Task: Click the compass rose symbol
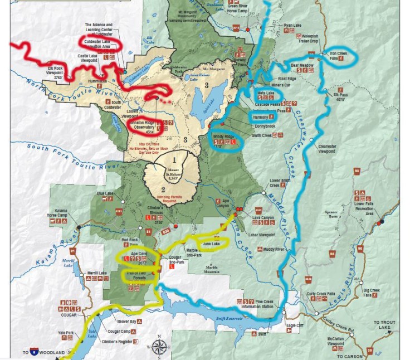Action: tap(159, 345)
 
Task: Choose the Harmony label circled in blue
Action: tap(260, 118)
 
